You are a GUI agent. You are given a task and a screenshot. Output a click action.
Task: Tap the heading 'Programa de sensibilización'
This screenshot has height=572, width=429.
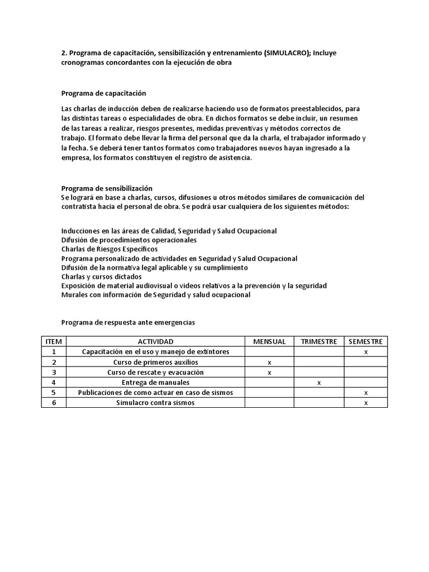[107, 189]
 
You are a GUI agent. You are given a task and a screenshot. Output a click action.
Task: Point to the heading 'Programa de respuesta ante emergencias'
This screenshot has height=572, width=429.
[128, 322]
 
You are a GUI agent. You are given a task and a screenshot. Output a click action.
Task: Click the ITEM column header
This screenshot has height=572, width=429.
[54, 342]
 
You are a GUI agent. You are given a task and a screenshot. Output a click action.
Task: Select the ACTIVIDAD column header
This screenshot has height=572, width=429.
[155, 342]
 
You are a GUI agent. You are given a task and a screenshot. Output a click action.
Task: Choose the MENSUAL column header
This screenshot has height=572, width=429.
[269, 342]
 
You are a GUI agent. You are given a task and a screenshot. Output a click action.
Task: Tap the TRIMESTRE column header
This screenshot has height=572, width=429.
[318, 342]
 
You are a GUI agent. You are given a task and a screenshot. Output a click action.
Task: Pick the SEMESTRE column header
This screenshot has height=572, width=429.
[366, 342]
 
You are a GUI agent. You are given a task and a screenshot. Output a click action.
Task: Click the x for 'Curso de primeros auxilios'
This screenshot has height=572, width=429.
[269, 363]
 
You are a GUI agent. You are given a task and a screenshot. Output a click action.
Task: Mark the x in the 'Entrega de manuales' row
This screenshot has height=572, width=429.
[318, 383]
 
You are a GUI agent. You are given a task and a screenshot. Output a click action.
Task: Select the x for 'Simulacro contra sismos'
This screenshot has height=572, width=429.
[366, 403]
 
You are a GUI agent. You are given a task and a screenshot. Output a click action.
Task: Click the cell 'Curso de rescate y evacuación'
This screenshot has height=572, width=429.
[155, 373]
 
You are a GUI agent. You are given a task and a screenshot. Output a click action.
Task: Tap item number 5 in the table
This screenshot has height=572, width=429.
[54, 393]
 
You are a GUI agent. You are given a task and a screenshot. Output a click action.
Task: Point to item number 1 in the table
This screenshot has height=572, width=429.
[54, 352]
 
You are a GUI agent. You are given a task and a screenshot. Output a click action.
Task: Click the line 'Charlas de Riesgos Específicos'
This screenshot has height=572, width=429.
[109, 249]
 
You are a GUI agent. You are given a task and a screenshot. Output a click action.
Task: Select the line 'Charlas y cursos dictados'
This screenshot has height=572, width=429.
[102, 277]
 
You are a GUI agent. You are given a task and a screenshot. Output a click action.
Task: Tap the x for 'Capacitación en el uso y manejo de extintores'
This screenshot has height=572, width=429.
[366, 352]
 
